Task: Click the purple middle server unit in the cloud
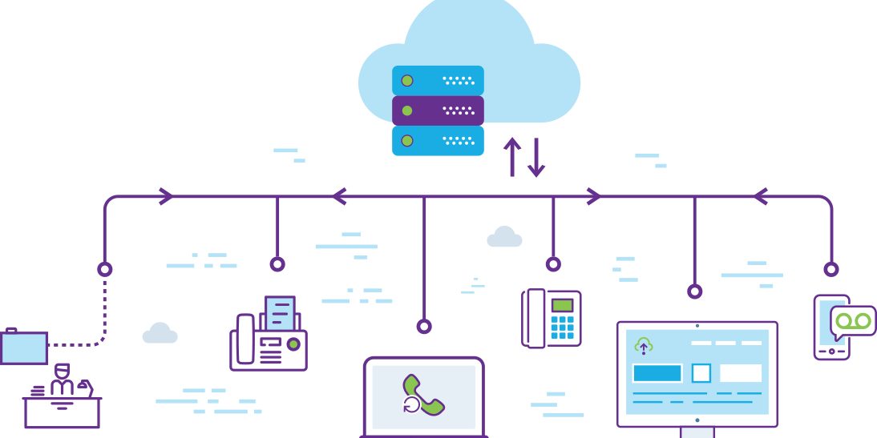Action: [438, 110]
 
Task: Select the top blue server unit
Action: [438, 80]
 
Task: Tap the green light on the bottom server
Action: [407, 140]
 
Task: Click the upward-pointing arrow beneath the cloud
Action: [511, 157]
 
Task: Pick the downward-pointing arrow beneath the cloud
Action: [536, 157]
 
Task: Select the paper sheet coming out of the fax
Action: [280, 312]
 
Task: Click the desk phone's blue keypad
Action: [563, 327]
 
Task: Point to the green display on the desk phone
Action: [564, 304]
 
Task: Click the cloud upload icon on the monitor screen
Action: [643, 346]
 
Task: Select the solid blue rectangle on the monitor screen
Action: [657, 373]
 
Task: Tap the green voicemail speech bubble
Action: [853, 321]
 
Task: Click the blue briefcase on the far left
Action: [23, 347]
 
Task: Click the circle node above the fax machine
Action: [277, 264]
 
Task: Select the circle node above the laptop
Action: [424, 326]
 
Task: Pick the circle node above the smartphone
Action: [831, 269]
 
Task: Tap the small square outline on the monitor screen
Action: [701, 373]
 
